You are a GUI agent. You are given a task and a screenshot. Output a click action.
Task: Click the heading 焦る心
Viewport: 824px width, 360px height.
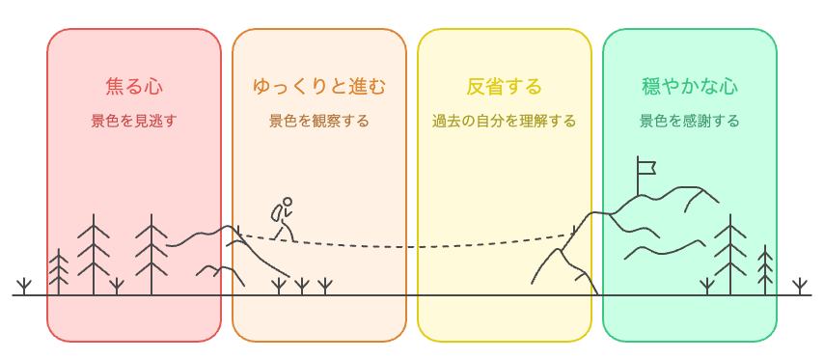(134, 86)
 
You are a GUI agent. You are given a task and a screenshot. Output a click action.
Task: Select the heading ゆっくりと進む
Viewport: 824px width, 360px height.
(319, 86)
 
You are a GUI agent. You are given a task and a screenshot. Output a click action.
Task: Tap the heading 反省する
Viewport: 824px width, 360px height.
(504, 86)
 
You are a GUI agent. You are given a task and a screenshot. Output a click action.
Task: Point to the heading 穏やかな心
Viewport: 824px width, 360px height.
(690, 86)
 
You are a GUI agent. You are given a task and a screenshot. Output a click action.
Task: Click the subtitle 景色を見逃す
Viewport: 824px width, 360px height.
(134, 122)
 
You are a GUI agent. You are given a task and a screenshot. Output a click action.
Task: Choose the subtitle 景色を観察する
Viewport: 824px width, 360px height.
(319, 122)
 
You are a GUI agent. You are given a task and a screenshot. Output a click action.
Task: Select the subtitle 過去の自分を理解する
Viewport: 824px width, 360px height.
(504, 122)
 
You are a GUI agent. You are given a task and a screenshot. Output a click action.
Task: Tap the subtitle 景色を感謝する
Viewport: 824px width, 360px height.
(690, 122)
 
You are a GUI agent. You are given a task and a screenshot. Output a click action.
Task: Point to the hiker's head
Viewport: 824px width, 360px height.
(288, 203)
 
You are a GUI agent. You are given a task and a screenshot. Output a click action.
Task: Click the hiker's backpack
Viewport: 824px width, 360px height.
(277, 212)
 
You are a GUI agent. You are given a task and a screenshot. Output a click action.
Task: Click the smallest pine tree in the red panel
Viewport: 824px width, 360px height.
(59, 271)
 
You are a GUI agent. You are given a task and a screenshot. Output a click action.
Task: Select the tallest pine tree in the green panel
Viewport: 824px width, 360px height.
(730, 253)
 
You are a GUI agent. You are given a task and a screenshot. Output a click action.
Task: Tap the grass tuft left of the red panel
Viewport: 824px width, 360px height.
(24, 286)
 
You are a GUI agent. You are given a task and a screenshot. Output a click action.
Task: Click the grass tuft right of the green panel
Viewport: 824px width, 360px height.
(799, 286)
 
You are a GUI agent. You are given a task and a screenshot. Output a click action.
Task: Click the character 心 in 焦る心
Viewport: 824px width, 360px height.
(153, 86)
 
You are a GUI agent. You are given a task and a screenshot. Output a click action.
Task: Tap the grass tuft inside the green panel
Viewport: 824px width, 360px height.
(707, 286)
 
